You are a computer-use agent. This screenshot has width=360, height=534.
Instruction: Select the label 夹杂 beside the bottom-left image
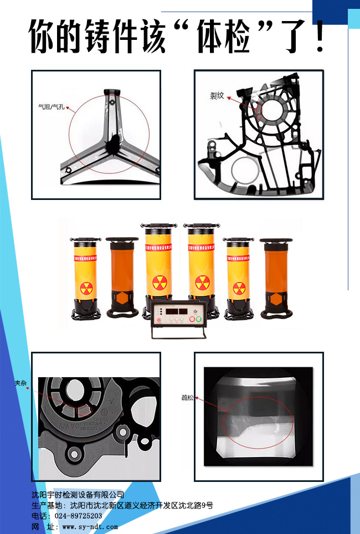click(x=20, y=383)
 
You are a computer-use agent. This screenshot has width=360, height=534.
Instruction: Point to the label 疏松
click(x=188, y=398)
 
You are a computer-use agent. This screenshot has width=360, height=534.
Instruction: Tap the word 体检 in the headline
click(x=226, y=37)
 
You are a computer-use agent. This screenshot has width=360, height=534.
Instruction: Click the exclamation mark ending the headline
click(x=320, y=37)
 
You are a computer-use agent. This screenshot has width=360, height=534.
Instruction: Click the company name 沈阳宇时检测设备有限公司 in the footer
click(x=78, y=495)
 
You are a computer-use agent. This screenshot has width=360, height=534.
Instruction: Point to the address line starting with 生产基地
click(x=122, y=505)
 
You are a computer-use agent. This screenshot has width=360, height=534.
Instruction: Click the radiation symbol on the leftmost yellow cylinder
click(x=86, y=288)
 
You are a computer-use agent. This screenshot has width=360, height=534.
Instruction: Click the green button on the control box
click(x=192, y=320)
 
